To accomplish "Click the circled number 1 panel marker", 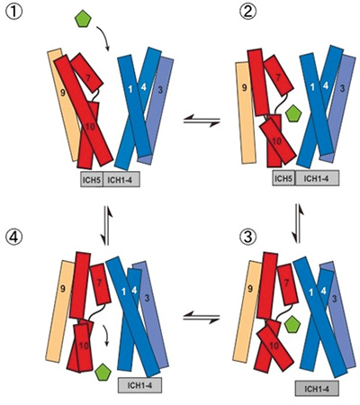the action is click(x=13, y=12).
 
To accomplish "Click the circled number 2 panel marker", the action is click(x=247, y=12).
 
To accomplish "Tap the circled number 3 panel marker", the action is click(x=248, y=238).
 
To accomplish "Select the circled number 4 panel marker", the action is click(x=13, y=238).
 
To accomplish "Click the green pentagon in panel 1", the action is click(x=83, y=20).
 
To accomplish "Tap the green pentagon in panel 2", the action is click(x=293, y=113).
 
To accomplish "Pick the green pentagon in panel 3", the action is click(x=292, y=325).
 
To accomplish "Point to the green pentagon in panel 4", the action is click(x=103, y=373).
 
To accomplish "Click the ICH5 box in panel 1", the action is click(x=92, y=179).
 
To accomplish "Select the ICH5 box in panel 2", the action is click(x=283, y=178).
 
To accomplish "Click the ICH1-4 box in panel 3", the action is click(x=317, y=389).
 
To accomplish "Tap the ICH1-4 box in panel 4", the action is click(x=139, y=385).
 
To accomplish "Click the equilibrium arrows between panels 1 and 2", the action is click(x=202, y=122).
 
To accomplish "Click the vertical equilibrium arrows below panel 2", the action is click(x=299, y=223).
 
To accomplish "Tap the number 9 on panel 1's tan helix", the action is click(x=63, y=94).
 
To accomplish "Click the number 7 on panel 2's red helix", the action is click(x=278, y=77).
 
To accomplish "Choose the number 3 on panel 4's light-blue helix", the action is click(x=147, y=298).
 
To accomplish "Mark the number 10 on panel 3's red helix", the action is click(x=274, y=346).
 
